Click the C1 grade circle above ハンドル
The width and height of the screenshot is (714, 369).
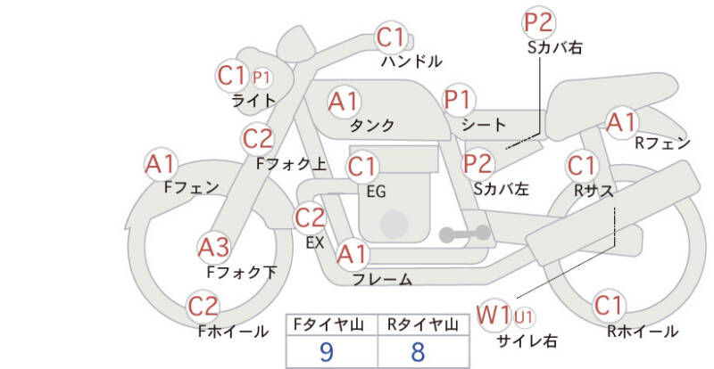(x=391, y=38)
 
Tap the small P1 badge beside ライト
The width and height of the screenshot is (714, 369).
(x=262, y=77)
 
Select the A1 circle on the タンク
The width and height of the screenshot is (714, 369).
(x=345, y=102)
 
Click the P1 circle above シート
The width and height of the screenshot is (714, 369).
(x=461, y=100)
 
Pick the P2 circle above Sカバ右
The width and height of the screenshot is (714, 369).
(x=539, y=22)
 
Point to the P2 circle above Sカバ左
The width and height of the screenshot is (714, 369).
(x=478, y=163)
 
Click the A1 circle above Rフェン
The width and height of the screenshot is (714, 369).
(x=622, y=122)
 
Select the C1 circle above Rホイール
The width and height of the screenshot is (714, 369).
(x=609, y=307)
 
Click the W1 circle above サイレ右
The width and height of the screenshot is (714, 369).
(x=494, y=314)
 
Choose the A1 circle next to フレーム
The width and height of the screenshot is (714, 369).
(x=352, y=255)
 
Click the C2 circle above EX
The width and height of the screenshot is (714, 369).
(x=310, y=217)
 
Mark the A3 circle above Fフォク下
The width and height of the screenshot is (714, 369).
(x=214, y=246)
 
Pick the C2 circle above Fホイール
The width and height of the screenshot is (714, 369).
(x=203, y=307)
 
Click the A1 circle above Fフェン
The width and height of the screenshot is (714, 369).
(x=161, y=164)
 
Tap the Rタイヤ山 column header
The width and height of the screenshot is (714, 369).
(x=418, y=324)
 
